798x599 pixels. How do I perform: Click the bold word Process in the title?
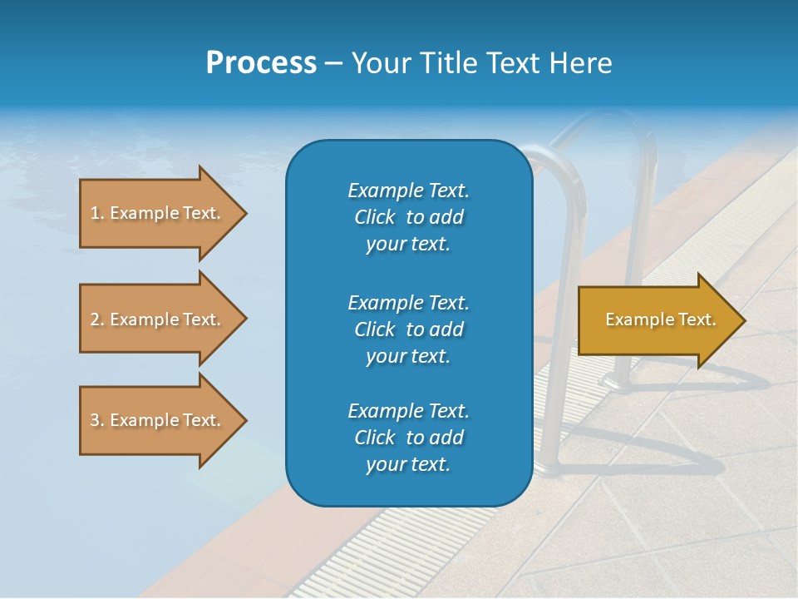click(x=261, y=63)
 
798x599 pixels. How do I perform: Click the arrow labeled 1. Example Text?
click(x=158, y=213)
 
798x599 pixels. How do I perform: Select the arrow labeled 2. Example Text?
click(x=158, y=319)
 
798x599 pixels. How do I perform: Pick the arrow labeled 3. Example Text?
click(x=158, y=420)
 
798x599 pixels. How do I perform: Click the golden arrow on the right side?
click(x=657, y=320)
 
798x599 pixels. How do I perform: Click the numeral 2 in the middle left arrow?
click(x=95, y=319)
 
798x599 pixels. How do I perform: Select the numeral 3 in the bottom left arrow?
click(x=95, y=420)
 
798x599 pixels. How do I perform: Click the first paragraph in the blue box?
click(x=408, y=217)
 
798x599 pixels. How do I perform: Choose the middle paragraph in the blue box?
click(x=408, y=329)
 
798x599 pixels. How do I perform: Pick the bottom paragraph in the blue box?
click(x=408, y=438)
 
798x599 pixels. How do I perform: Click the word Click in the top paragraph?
click(x=374, y=217)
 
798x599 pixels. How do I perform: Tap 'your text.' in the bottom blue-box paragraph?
click(x=408, y=464)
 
